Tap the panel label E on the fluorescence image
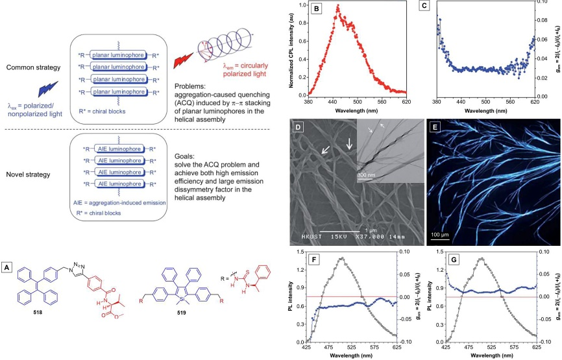click(439, 126)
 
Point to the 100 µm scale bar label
click(438, 231)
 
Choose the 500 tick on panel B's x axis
click(358, 101)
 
